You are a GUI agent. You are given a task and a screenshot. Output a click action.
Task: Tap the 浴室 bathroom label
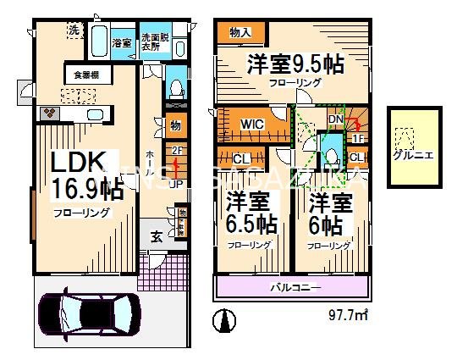122,43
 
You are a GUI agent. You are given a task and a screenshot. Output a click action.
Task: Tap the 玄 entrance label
157,235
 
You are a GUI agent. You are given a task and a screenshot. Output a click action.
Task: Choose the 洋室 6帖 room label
325,212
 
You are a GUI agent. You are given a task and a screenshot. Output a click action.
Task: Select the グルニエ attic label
414,155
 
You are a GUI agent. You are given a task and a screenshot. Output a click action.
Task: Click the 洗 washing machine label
74,30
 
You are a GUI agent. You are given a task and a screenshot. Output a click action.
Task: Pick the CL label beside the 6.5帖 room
240,158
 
